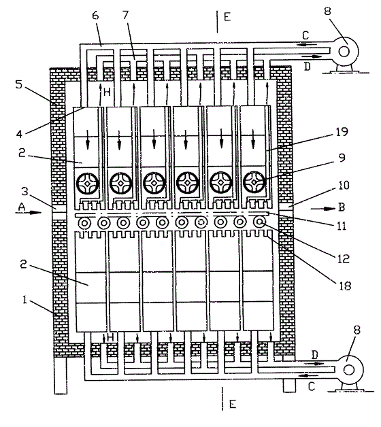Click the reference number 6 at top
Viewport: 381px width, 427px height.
[x=95, y=16]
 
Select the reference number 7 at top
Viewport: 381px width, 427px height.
[x=125, y=15]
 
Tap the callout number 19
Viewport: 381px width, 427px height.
[x=342, y=132]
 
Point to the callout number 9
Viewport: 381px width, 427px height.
[x=342, y=158]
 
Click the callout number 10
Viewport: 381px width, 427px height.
[x=344, y=185]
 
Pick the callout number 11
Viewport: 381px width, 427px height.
[x=342, y=226]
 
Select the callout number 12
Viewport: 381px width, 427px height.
[x=343, y=258]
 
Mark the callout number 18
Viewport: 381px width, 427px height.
[x=344, y=286]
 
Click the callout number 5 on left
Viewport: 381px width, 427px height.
[x=18, y=84]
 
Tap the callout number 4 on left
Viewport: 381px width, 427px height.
[x=19, y=134]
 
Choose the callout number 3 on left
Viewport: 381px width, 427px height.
[x=24, y=191]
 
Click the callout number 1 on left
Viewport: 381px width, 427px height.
[x=24, y=300]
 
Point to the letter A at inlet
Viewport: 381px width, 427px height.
[x=21, y=207]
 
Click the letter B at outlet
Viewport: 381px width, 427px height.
[x=342, y=207]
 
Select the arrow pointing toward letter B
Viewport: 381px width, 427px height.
[x=323, y=209]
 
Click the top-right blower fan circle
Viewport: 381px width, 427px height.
[x=344, y=51]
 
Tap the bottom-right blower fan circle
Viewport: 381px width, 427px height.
[x=350, y=370]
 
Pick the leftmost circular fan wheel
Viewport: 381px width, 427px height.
[x=87, y=184]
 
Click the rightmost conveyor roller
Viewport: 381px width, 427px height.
[x=259, y=222]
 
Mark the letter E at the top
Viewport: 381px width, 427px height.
[x=227, y=17]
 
